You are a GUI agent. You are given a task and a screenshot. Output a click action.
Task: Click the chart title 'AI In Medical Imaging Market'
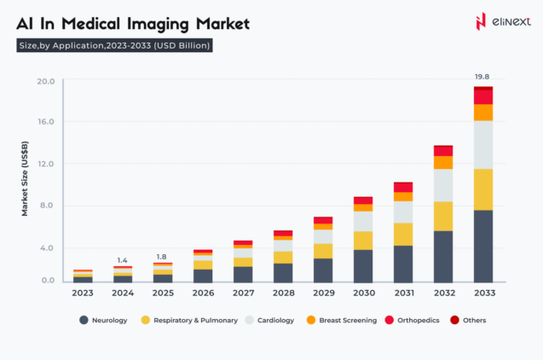point(133,23)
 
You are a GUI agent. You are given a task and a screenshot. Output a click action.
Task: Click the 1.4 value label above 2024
point(122,259)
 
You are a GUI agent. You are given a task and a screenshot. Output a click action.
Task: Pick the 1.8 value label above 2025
point(161,256)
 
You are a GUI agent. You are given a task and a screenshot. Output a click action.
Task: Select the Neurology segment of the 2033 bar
point(483,246)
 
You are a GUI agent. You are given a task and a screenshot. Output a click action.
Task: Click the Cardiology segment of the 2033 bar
point(483,144)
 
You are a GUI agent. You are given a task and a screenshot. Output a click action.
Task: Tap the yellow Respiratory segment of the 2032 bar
point(443,216)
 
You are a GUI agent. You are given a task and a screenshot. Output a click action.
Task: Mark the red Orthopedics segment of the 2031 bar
point(403,187)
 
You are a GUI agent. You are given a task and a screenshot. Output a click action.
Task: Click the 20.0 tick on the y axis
point(46,82)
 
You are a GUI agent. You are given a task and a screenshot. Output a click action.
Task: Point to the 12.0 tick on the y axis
point(46,164)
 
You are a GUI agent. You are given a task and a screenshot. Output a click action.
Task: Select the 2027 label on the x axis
point(243,293)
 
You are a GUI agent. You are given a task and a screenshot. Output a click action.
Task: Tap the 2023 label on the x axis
point(83,293)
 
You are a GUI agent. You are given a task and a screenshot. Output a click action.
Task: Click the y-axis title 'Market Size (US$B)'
point(25,181)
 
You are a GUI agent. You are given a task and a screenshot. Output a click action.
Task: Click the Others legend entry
point(468,321)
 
